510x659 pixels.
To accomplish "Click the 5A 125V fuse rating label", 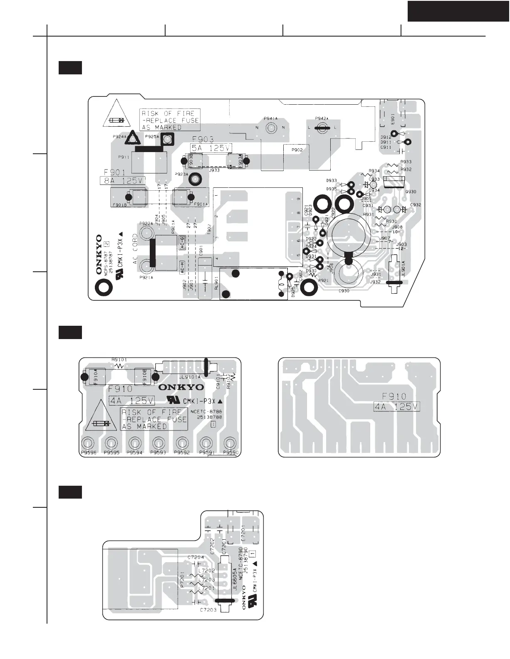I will coord(211,148).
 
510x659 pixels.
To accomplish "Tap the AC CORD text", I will coord(135,249).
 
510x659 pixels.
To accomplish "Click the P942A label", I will coord(322,118).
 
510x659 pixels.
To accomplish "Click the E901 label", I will coord(392,120).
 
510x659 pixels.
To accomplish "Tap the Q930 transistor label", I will coord(411,192).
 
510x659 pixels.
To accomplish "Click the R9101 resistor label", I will coord(119,360).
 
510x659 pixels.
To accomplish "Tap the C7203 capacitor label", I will coord(208,610).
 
